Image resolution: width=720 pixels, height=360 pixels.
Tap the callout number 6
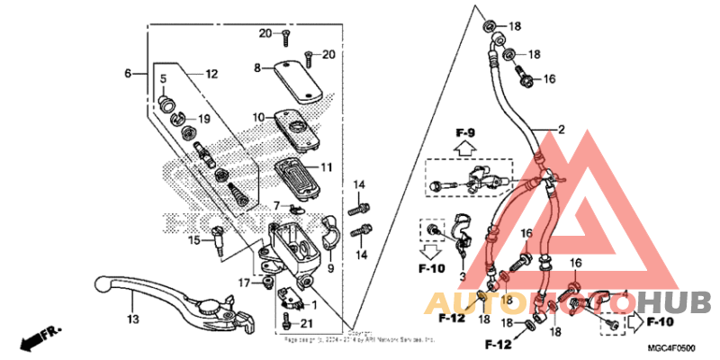tap(128, 73)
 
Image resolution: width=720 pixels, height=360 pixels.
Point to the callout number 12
tap(211, 75)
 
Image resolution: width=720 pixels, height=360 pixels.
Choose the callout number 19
tap(203, 119)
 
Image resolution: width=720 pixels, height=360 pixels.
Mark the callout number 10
tap(257, 118)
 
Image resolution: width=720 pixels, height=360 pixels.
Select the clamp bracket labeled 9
tap(329, 236)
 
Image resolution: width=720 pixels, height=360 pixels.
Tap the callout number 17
tap(243, 283)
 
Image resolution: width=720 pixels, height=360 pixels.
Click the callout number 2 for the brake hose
tap(561, 130)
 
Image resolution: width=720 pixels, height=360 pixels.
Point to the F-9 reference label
tap(464, 134)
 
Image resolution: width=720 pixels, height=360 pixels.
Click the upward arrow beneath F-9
tap(464, 149)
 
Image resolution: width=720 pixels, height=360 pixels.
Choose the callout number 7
tap(252, 205)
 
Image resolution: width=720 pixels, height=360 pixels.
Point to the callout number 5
tap(163, 79)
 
